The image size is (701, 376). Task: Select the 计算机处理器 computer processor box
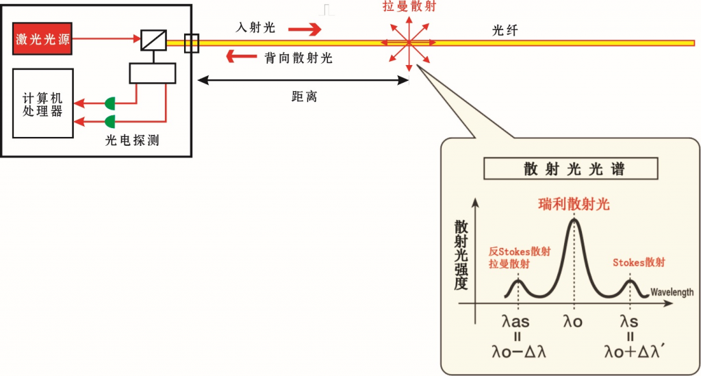(x=42, y=103)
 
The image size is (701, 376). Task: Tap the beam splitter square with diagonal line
(x=150, y=40)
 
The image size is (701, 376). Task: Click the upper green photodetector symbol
(x=110, y=104)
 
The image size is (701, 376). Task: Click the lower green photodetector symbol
(x=110, y=122)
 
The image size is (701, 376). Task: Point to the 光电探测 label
(x=132, y=140)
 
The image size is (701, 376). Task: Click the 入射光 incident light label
(x=255, y=28)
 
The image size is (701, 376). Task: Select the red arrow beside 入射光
(x=304, y=29)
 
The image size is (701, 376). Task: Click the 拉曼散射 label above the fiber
(x=409, y=7)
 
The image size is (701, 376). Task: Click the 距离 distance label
(x=304, y=97)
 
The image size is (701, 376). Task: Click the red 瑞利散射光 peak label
(x=574, y=204)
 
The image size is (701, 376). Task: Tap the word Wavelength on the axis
(x=672, y=292)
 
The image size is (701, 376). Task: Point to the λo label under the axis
(x=573, y=321)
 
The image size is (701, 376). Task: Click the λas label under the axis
(x=515, y=321)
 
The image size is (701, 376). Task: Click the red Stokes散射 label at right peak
(x=639, y=262)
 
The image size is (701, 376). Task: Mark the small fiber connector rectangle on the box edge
(x=192, y=43)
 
